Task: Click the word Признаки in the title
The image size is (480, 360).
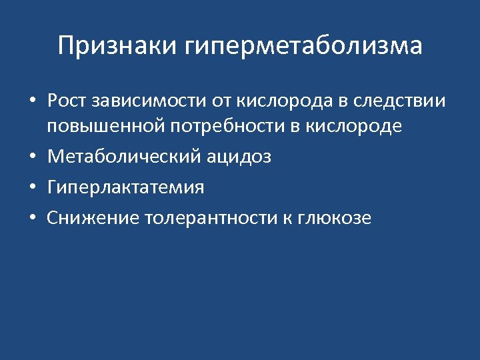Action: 117,46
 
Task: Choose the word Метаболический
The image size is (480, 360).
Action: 118,157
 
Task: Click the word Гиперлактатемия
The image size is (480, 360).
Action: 125,188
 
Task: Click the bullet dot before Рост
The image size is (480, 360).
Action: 32,102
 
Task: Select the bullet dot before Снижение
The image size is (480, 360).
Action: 32,219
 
